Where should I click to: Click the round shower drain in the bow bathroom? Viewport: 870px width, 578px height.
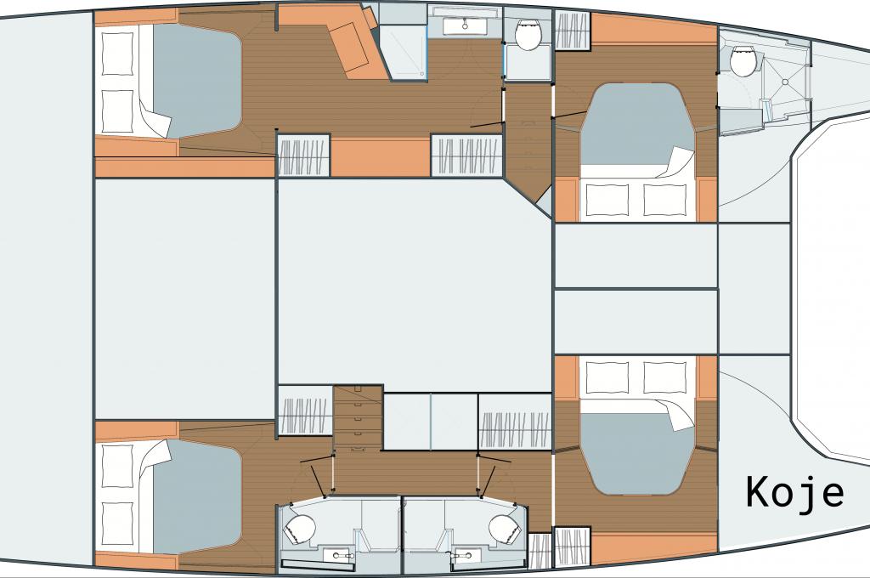(785, 82)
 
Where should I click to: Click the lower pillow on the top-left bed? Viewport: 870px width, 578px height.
(117, 111)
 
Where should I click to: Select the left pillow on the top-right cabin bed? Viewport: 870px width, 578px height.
(607, 200)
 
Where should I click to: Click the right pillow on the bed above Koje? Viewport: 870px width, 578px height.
(664, 377)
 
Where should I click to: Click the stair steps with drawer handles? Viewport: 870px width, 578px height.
(358, 417)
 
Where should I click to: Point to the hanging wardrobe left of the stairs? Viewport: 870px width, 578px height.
(304, 416)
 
